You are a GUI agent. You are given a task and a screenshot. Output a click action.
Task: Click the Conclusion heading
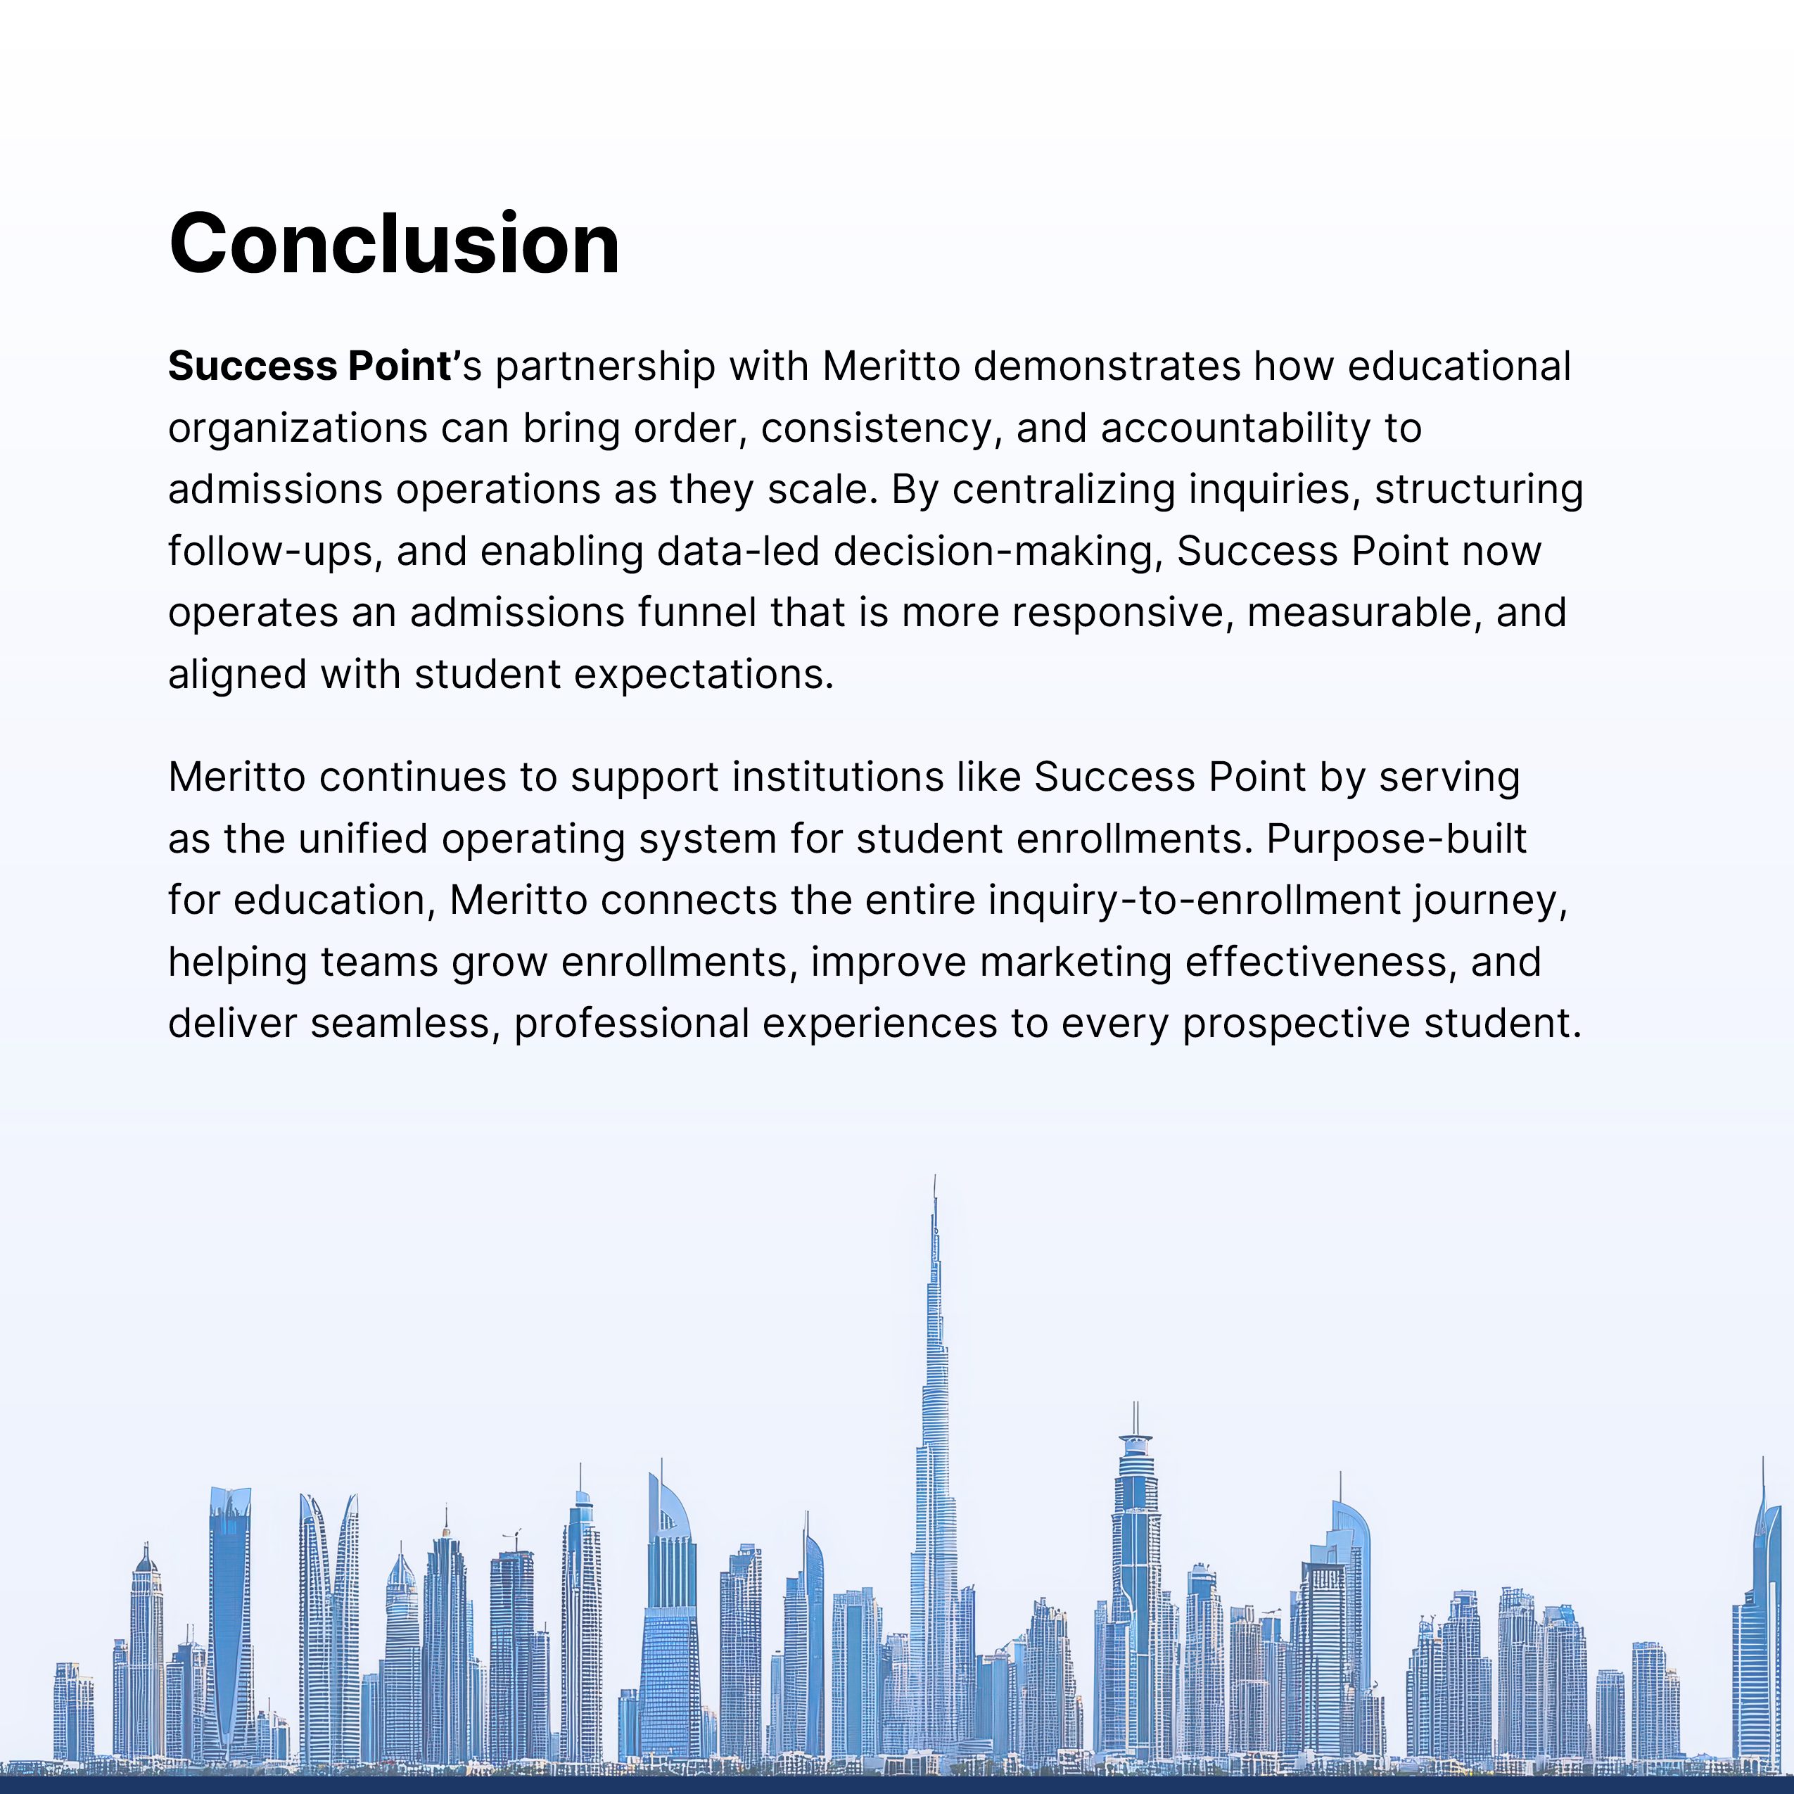394,243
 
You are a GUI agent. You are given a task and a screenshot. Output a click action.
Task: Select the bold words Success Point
310,366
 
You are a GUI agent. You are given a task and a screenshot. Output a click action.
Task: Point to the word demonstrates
1106,366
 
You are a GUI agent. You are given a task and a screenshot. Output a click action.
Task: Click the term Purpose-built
1397,839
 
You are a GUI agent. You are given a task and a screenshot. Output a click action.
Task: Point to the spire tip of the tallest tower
935,1178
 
